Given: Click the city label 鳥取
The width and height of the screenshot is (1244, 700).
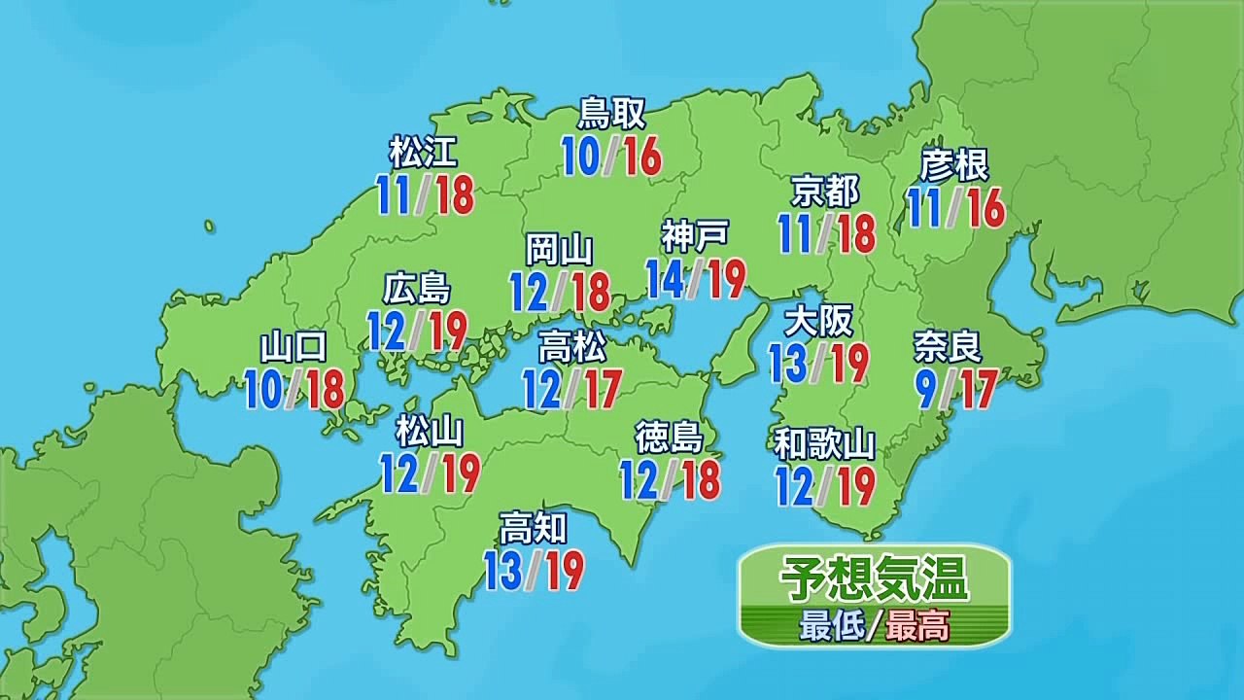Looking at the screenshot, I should point(611,114).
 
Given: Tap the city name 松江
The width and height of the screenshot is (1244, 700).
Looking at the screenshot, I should point(423,153).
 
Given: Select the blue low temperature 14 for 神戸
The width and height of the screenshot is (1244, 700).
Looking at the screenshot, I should point(666,279).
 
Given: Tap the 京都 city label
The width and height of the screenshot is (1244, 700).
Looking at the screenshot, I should point(825,192).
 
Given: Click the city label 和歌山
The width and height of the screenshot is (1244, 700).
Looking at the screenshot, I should point(825,444).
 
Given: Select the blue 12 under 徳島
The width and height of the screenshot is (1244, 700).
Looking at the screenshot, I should point(639,479).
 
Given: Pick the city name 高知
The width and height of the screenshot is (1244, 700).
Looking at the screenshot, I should point(533,529).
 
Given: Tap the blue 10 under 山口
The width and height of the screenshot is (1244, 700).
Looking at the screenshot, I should point(263,389).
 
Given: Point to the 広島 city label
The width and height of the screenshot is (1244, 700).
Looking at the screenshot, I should point(417,289).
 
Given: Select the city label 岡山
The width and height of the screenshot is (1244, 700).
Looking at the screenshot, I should point(559,250).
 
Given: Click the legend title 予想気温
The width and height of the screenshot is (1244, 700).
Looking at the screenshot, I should point(874,580).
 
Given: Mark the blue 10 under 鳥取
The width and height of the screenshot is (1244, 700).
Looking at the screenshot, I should point(581,156).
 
